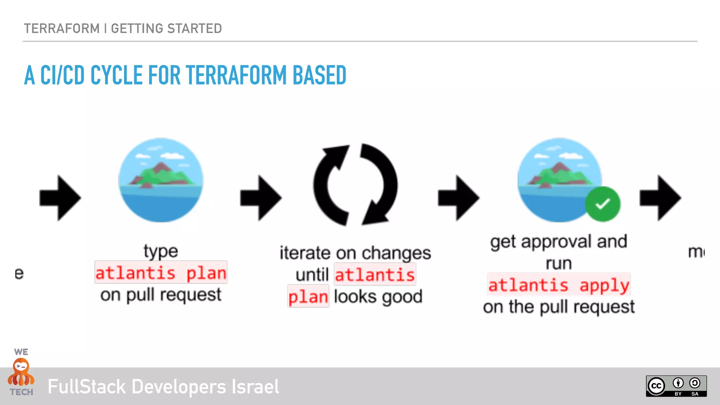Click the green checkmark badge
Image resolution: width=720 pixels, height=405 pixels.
click(603, 204)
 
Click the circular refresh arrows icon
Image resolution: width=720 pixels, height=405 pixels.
click(355, 185)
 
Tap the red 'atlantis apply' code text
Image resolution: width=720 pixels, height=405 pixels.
click(559, 285)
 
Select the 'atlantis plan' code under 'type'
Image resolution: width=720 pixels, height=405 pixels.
click(161, 272)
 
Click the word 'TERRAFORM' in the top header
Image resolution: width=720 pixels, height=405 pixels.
click(62, 28)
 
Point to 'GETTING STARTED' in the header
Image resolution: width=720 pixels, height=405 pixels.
click(166, 28)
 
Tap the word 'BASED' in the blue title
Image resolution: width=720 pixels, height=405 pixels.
click(319, 75)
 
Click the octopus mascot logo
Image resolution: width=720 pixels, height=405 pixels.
click(21, 373)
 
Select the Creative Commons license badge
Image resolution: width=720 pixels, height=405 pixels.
click(676, 386)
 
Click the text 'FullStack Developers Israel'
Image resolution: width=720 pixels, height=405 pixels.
click(163, 387)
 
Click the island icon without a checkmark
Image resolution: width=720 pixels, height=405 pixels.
click(161, 180)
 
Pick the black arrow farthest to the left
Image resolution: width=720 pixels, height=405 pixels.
click(60, 198)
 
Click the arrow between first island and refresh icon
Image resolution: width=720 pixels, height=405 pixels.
click(261, 198)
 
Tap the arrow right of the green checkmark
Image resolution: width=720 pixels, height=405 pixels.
click(660, 198)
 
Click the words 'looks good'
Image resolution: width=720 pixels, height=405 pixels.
click(378, 297)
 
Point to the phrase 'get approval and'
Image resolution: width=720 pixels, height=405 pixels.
click(558, 242)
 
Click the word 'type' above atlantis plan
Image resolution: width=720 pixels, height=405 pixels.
click(161, 251)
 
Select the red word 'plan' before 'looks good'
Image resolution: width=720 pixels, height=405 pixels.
click(308, 297)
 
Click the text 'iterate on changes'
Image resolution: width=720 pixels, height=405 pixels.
click(355, 253)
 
